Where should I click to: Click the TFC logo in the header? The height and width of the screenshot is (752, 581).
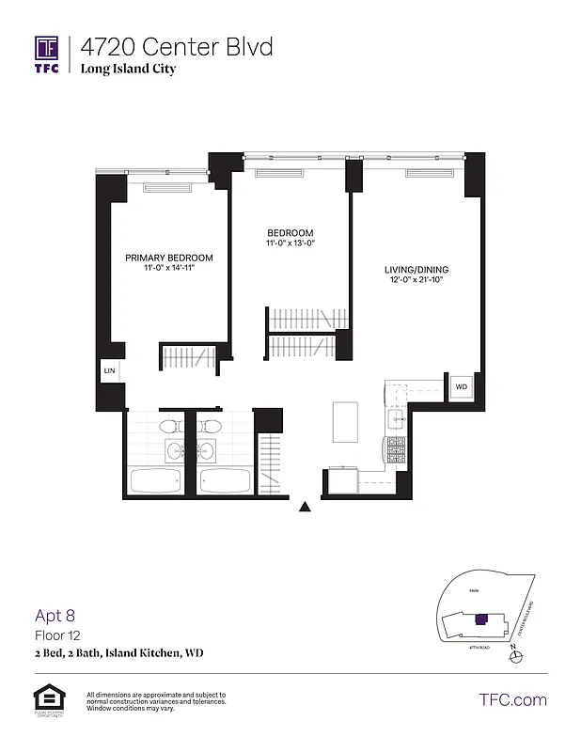tap(47, 54)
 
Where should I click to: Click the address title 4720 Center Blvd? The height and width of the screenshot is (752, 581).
tap(177, 46)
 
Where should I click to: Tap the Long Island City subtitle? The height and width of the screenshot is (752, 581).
tap(128, 69)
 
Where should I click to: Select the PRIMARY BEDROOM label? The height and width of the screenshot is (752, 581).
tap(169, 258)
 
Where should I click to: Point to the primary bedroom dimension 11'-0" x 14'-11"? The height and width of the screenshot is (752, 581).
tap(169, 269)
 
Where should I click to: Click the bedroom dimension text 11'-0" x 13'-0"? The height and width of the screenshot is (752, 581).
tap(290, 243)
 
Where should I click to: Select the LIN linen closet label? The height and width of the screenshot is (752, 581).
tap(109, 372)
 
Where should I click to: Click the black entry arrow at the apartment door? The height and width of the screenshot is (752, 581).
tap(305, 508)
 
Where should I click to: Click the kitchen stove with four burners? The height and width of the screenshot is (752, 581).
tap(395, 452)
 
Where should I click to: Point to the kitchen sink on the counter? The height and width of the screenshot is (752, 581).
tap(396, 418)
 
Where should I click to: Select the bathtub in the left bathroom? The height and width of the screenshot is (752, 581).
tap(156, 482)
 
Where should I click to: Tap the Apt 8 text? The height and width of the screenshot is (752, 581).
tap(55, 616)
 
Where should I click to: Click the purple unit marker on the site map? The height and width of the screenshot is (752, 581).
tap(482, 618)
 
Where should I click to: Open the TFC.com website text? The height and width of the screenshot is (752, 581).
tap(512, 699)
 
